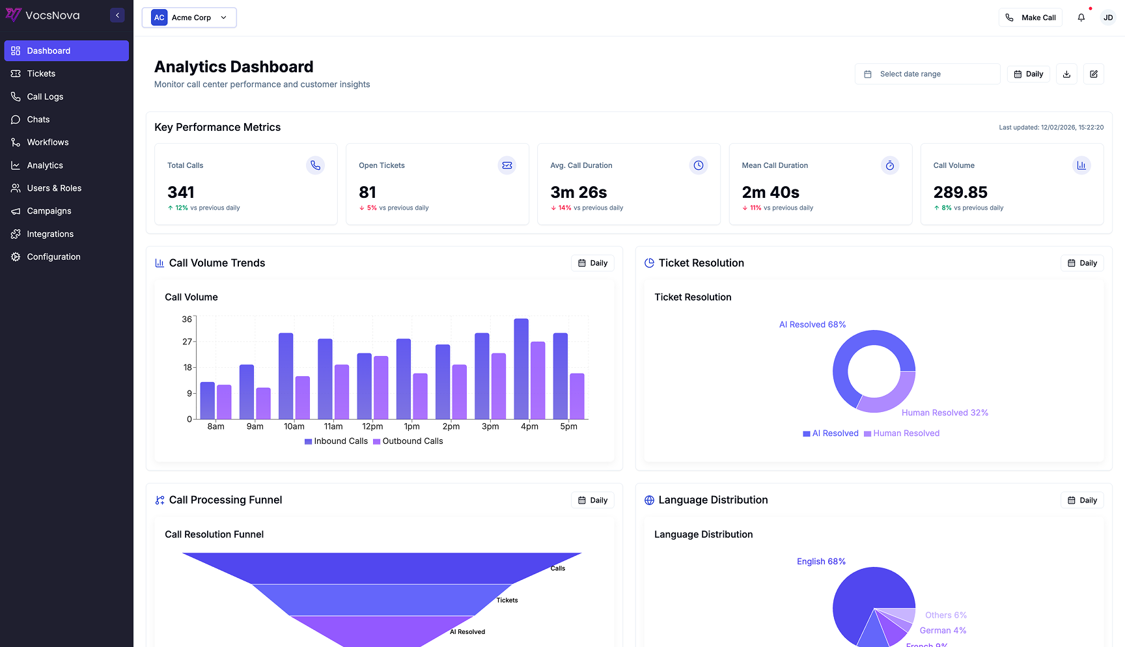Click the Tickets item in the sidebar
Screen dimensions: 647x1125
click(41, 74)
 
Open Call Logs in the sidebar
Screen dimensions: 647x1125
click(45, 96)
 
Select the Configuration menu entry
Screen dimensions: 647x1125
click(53, 257)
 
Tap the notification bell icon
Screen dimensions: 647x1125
click(1081, 18)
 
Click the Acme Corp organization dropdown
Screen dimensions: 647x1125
click(189, 18)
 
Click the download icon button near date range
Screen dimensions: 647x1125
click(1066, 74)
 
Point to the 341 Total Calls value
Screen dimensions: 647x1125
click(181, 193)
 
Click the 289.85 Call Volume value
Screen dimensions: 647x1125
click(960, 193)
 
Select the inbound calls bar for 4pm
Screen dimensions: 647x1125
click(521, 368)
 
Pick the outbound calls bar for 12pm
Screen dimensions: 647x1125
click(381, 387)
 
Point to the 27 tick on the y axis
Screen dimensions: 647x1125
click(187, 342)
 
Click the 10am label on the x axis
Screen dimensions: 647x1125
click(294, 426)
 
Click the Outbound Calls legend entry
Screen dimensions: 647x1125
click(408, 441)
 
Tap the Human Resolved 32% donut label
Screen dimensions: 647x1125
click(945, 413)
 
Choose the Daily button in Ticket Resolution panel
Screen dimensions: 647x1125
click(1082, 263)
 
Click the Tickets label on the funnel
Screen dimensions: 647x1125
click(507, 600)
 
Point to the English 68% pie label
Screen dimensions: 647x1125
click(821, 561)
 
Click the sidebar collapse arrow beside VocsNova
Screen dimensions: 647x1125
click(117, 15)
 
